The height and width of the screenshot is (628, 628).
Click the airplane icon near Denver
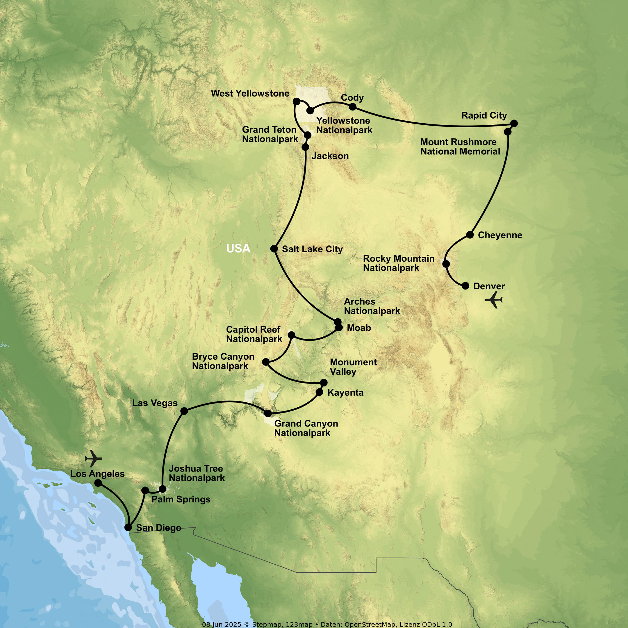[494, 299]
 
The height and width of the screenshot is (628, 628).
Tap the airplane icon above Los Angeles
[93, 458]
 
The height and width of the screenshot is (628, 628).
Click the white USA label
[238, 249]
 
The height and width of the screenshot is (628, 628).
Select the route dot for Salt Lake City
[274, 249]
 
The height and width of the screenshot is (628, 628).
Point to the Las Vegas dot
[184, 411]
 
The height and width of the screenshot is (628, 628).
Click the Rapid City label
[484, 115]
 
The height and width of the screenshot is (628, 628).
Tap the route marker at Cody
[352, 107]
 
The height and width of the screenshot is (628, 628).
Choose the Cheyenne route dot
[470, 235]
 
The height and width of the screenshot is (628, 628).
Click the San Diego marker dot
[129, 527]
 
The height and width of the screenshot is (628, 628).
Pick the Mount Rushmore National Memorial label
[460, 147]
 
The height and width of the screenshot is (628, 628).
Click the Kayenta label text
[345, 393]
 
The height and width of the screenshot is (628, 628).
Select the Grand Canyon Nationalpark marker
[268, 413]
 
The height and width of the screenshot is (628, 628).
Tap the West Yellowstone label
[250, 94]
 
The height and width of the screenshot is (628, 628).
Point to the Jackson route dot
[305, 147]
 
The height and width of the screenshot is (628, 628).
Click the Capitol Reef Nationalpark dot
[292, 335]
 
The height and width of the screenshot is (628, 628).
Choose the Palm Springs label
[181, 499]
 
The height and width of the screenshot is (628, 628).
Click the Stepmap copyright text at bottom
[327, 625]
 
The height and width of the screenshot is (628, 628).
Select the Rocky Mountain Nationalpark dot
[446, 264]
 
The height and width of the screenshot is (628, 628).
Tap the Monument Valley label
[353, 367]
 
